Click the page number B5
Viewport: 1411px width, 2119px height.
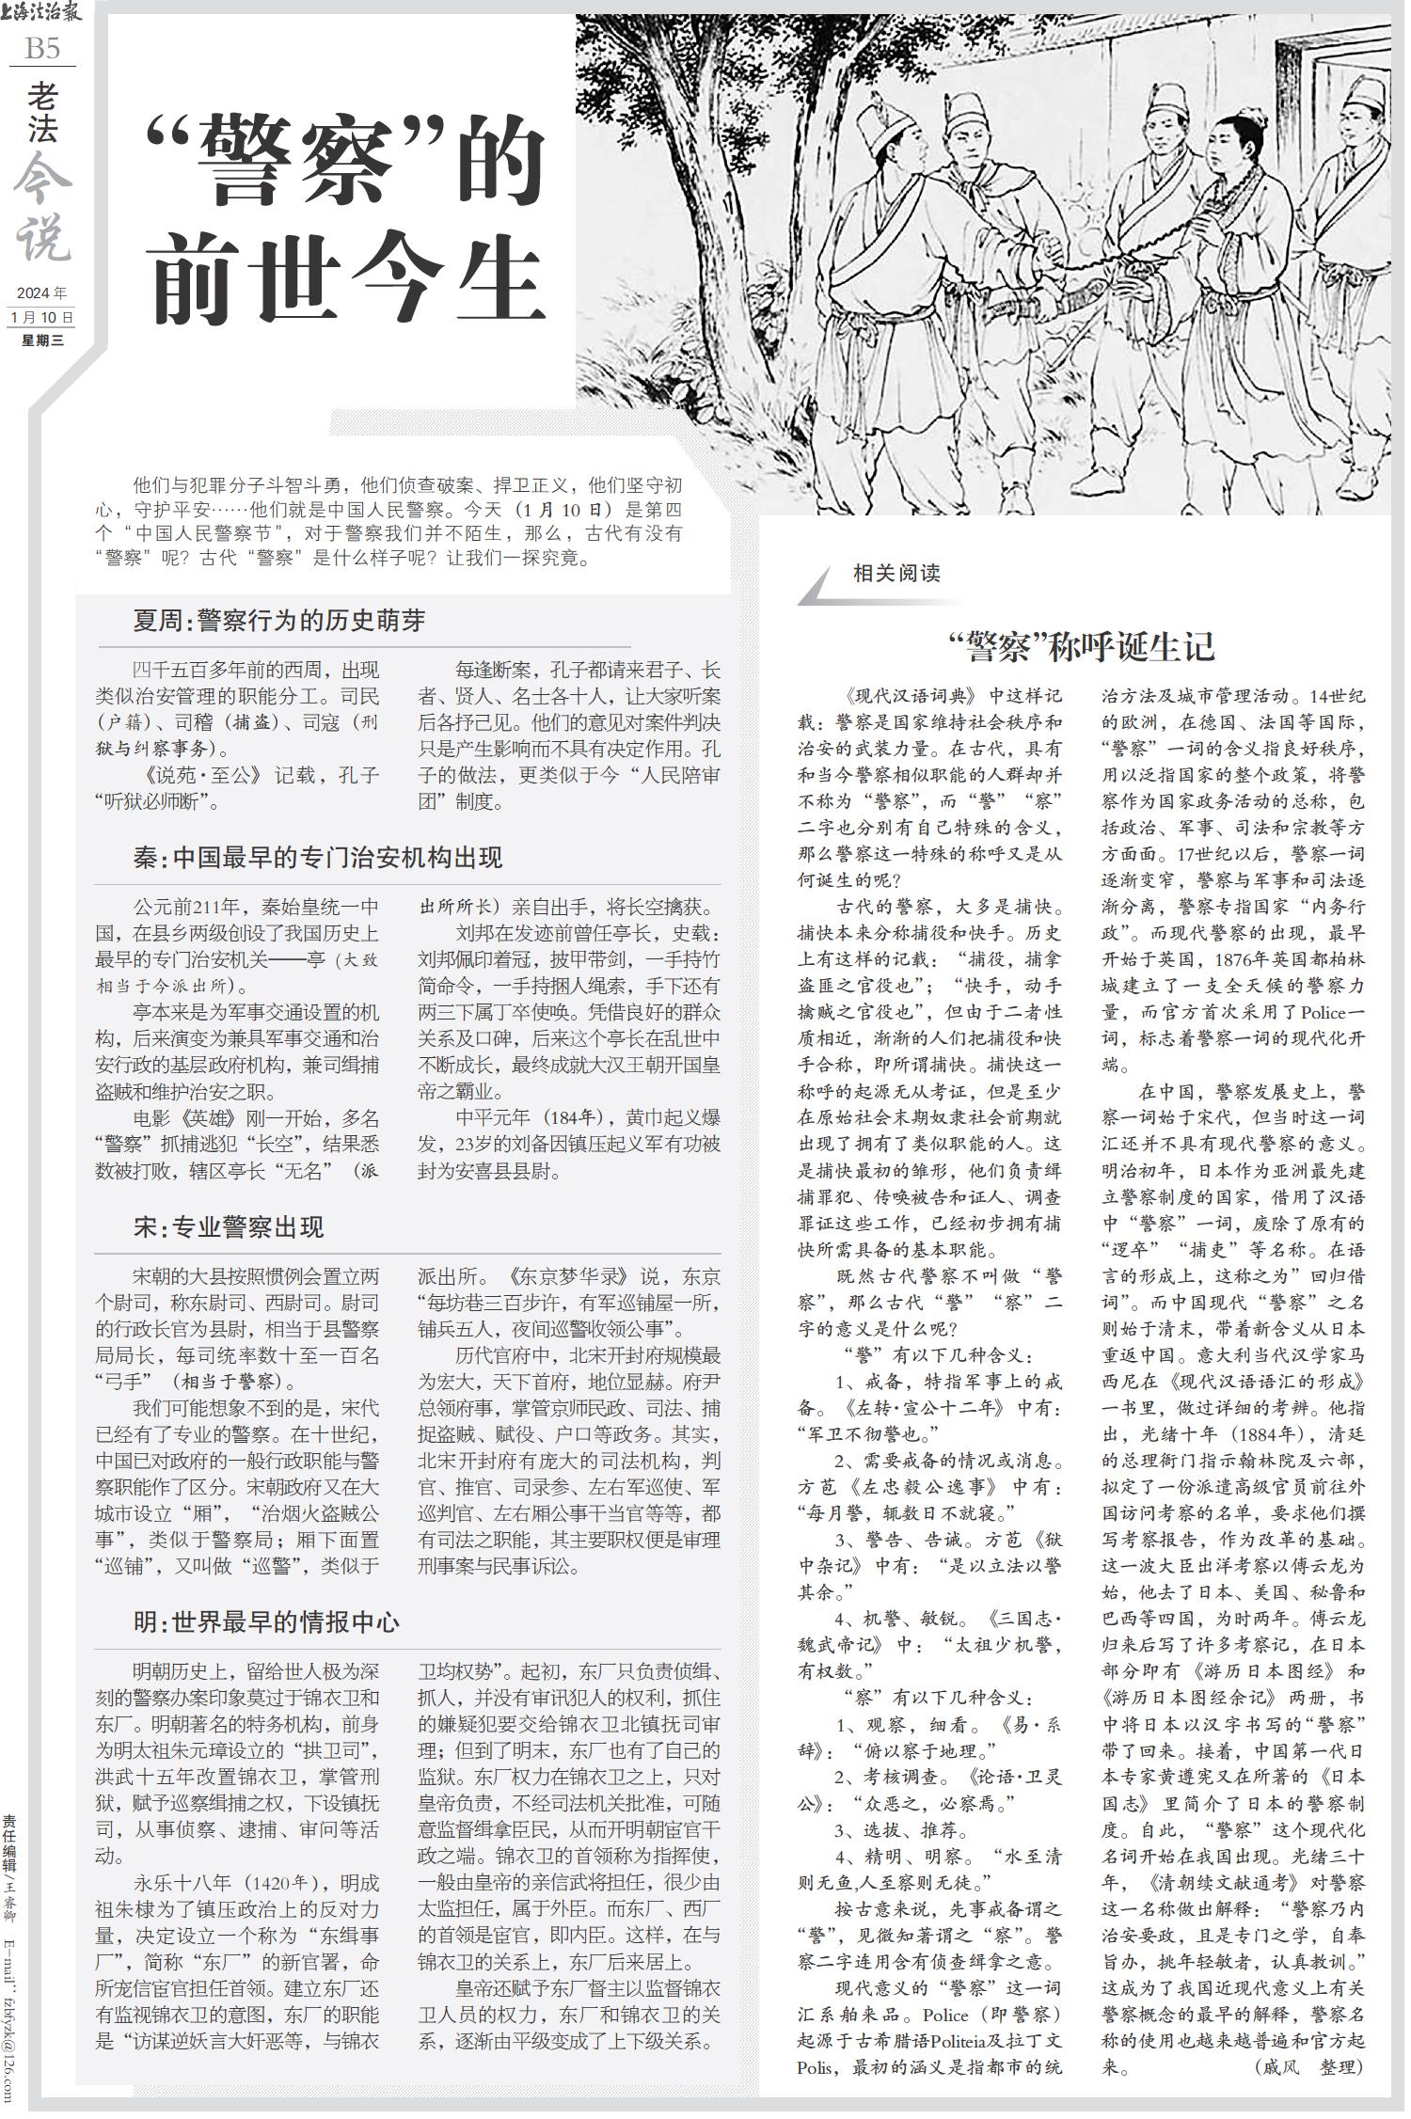41,48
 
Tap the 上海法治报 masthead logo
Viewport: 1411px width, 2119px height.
42,13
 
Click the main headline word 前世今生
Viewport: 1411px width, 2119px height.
347,273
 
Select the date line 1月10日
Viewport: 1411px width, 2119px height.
41,317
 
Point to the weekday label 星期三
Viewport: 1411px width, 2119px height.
42,340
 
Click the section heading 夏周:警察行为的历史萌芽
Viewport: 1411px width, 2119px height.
278,620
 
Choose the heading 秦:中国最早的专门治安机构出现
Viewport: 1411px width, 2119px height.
317,857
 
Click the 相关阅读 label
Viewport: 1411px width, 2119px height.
896,573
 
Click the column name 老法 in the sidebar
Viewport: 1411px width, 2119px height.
42,113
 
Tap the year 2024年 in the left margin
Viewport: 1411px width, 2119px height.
41,293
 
